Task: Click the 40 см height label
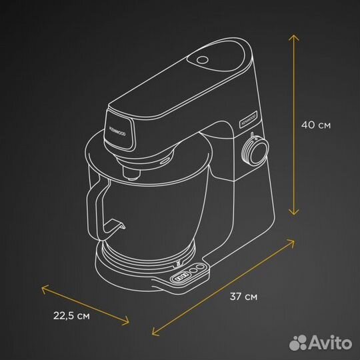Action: [x=315, y=124]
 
